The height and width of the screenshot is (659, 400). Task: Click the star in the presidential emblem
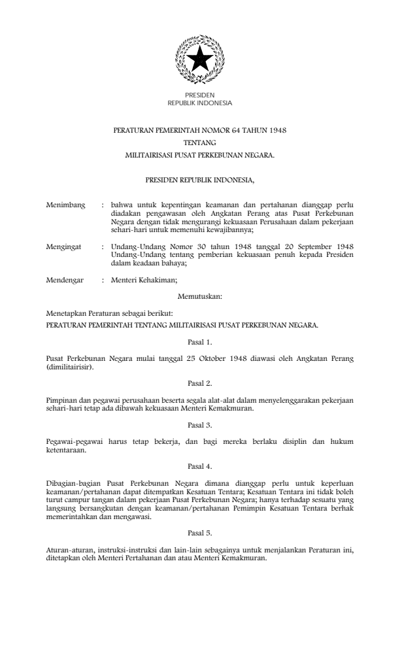coord(199,61)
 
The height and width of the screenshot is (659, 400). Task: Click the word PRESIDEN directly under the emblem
coord(199,96)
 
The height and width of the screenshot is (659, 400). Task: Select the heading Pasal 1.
coord(200,341)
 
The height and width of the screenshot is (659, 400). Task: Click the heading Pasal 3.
coord(200,422)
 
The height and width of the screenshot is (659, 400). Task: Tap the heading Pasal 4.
coord(200,466)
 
